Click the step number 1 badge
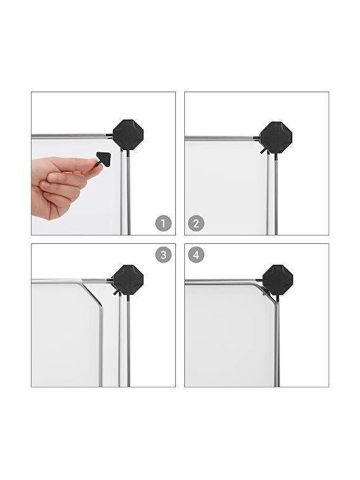(x=163, y=223)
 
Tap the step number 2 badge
(x=196, y=223)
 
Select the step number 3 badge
(x=163, y=255)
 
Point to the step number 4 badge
(x=196, y=255)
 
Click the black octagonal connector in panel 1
(x=128, y=135)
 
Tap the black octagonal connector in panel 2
(x=276, y=137)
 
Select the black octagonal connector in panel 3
(x=128, y=280)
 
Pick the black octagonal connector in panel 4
(x=277, y=280)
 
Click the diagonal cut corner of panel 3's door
(x=91, y=293)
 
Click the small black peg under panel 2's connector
(x=263, y=151)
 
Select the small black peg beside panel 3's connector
(x=116, y=293)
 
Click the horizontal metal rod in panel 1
(x=69, y=135)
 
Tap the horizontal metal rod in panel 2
(x=219, y=138)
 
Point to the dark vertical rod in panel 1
(x=129, y=192)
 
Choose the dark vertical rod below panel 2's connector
(x=276, y=193)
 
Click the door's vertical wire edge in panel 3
(x=101, y=346)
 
